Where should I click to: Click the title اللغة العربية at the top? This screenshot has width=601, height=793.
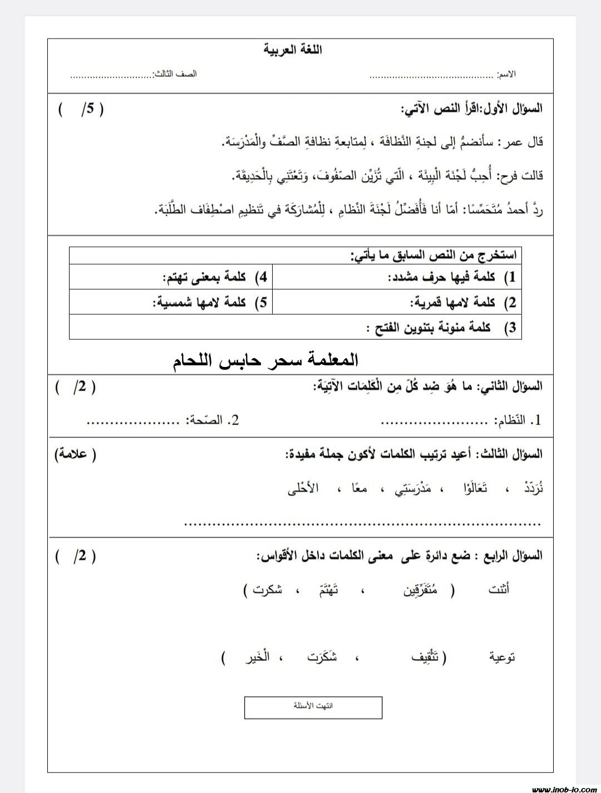click(293, 50)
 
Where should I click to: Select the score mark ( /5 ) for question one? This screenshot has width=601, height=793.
click(81, 109)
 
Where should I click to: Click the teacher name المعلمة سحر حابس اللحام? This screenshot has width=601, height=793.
click(265, 360)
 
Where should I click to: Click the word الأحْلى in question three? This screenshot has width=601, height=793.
click(303, 489)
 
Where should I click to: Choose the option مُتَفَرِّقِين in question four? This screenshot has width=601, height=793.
click(420, 590)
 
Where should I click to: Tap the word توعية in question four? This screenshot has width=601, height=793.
click(502, 657)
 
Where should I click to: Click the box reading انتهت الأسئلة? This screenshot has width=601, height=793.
click(313, 707)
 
